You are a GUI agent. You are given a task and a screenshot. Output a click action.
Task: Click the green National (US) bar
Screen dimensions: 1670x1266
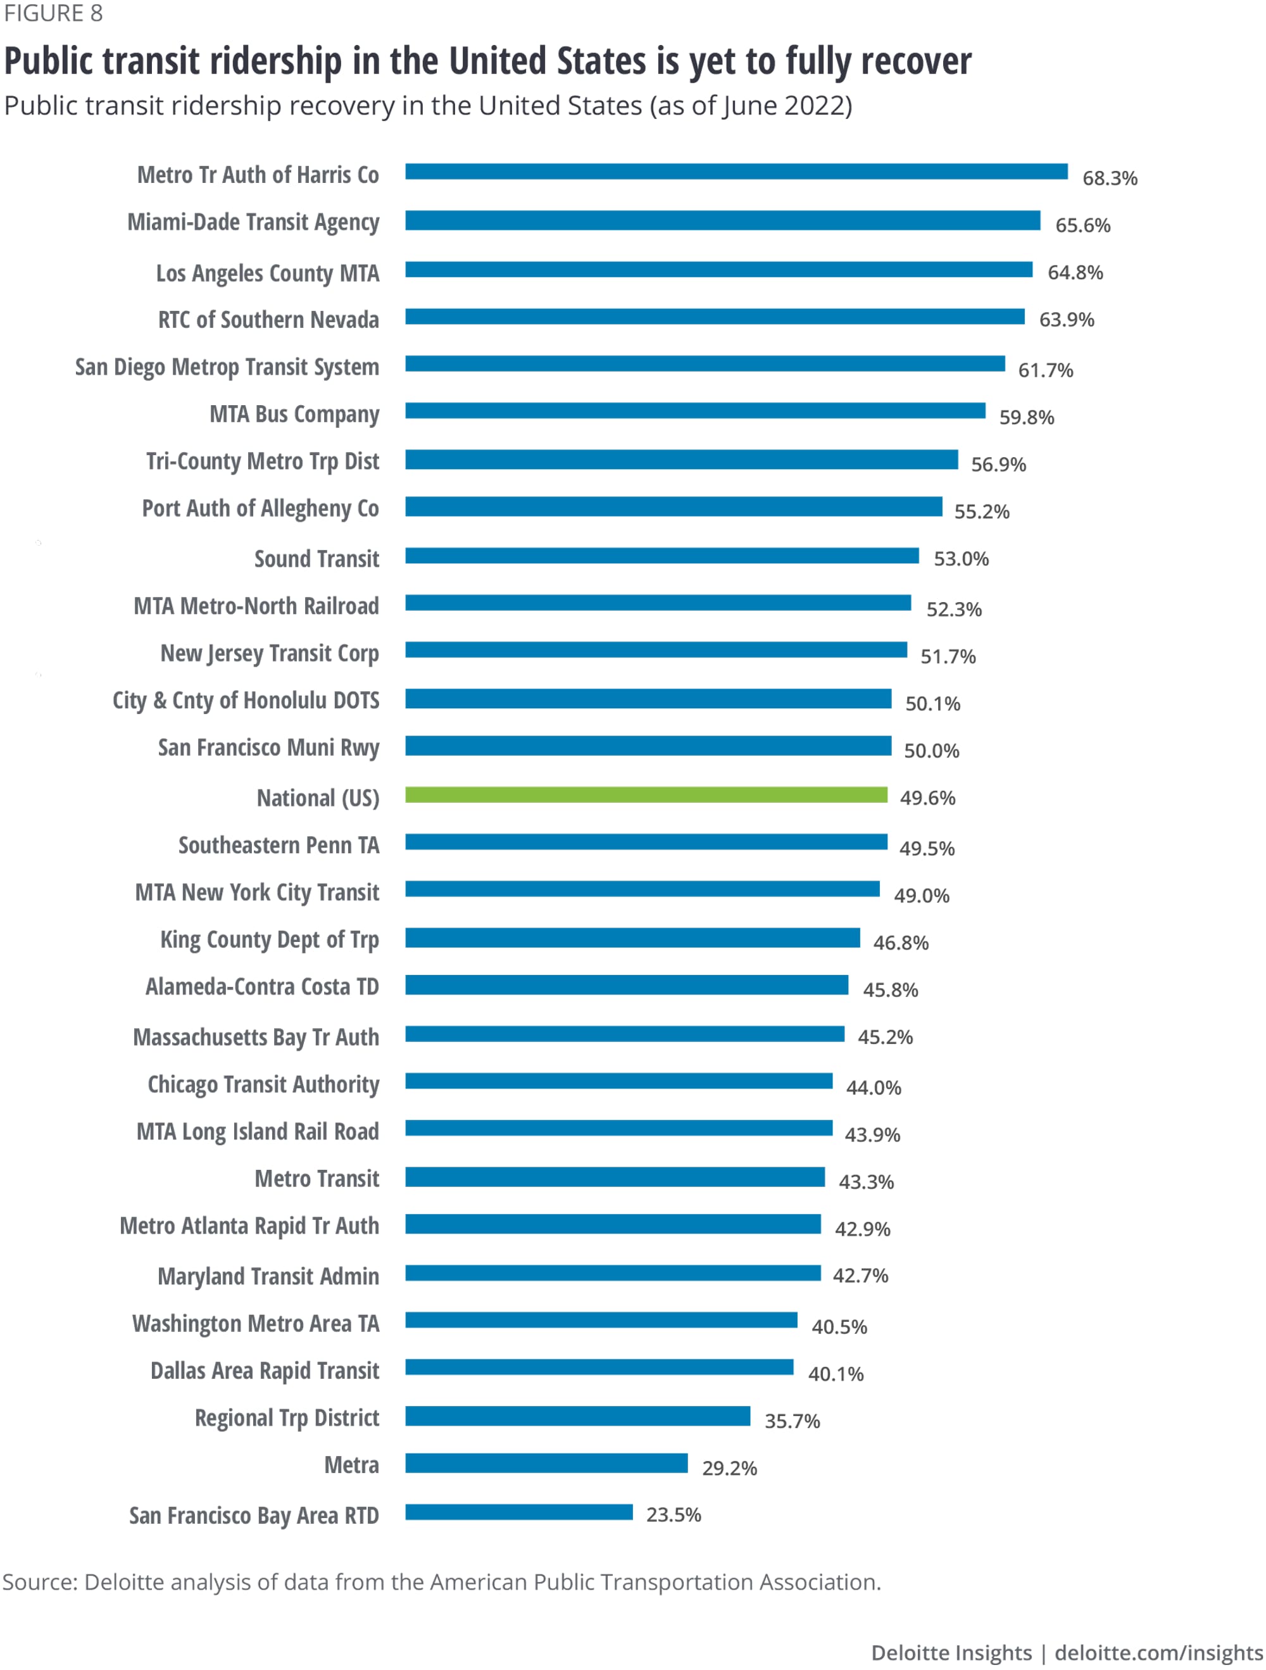[x=646, y=794]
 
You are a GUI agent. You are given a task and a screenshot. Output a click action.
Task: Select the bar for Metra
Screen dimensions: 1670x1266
[x=546, y=1462]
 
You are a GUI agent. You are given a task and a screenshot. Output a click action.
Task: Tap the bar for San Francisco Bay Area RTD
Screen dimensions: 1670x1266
[x=518, y=1512]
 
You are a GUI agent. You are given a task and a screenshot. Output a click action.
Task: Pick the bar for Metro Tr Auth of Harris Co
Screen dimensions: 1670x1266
[x=736, y=172]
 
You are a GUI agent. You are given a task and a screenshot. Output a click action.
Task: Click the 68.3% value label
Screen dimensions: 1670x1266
[x=1109, y=178]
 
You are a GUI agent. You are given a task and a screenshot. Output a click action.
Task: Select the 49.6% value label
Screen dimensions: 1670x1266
[x=927, y=798]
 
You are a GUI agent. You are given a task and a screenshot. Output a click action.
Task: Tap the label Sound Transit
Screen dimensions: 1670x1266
[x=316, y=559]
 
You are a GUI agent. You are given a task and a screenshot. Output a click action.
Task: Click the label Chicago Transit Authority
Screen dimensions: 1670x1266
[x=263, y=1084]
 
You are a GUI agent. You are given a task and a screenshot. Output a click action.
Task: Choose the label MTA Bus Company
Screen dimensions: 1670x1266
[x=294, y=415]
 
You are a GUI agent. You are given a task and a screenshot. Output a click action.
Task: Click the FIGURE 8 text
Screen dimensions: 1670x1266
[x=53, y=13]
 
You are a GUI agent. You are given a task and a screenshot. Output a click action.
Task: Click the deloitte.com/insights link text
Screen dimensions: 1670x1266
[x=1159, y=1653]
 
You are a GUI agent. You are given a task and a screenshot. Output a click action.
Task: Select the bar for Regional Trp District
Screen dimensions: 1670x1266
[x=577, y=1416]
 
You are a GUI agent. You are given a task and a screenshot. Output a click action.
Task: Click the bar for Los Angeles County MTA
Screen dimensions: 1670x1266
[x=718, y=270]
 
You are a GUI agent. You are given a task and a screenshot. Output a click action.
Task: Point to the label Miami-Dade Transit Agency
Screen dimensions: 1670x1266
[x=253, y=223]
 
